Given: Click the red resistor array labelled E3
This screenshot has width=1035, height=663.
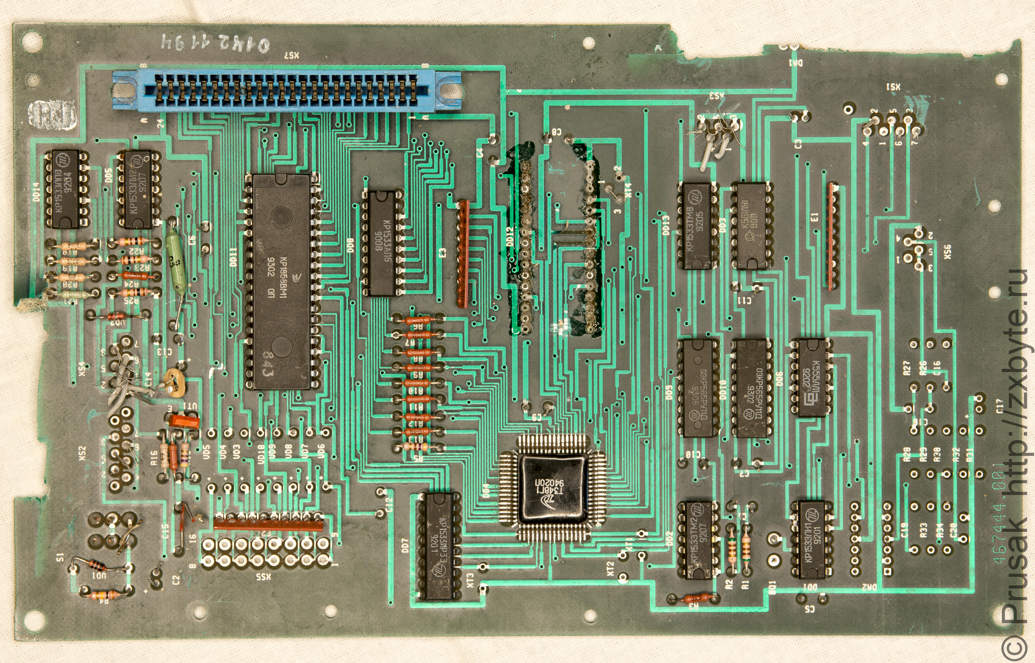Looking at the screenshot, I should pyautogui.click(x=463, y=254).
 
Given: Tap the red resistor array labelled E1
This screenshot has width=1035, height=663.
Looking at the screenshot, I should pyautogui.click(x=833, y=237).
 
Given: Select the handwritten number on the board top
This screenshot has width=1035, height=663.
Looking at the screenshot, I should pyautogui.click(x=215, y=43).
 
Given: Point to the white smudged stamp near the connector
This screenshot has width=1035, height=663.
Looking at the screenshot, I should pyautogui.click(x=53, y=115).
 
